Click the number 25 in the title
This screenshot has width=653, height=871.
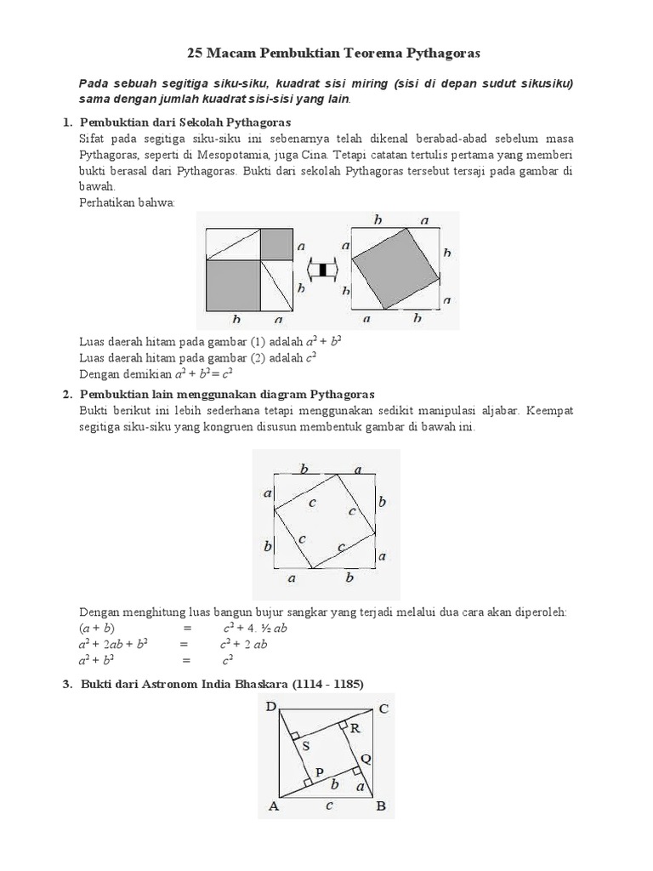click(x=195, y=54)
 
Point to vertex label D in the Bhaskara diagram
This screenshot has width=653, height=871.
click(x=270, y=706)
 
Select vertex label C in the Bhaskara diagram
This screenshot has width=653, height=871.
click(x=384, y=708)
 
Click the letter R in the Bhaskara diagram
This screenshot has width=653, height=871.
click(x=355, y=729)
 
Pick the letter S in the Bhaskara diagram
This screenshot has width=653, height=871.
click(x=306, y=746)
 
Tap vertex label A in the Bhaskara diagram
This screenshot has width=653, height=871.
click(x=273, y=806)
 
